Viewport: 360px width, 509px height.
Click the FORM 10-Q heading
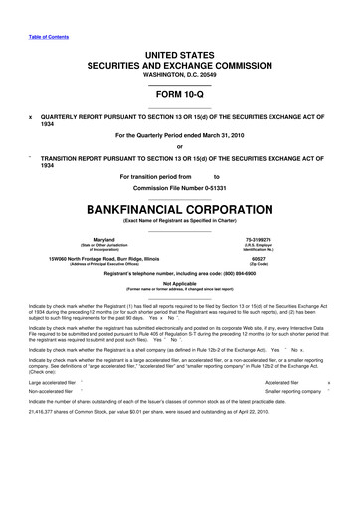tap(180, 95)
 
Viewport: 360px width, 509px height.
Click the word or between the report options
tap(180, 147)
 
